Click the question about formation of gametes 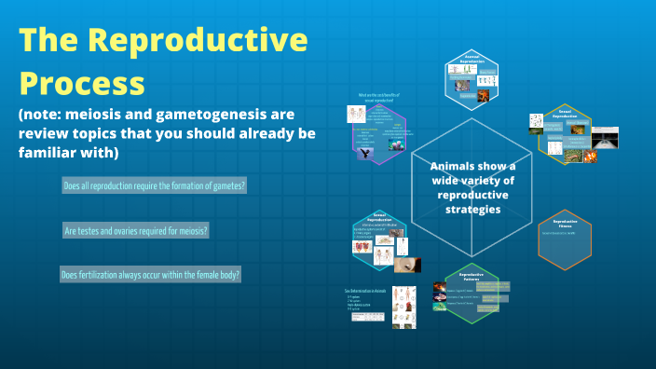(x=154, y=186)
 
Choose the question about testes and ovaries (x=135, y=230)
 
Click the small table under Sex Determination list (x=367, y=317)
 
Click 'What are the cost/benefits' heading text (x=380, y=95)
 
